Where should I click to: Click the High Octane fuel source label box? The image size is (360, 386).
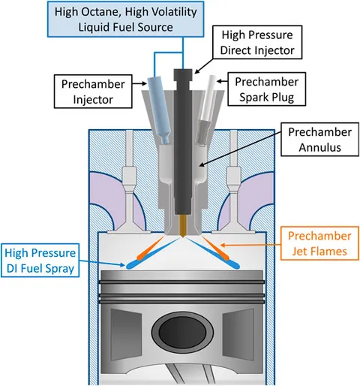[125, 20]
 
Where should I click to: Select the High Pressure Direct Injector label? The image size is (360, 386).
[257, 42]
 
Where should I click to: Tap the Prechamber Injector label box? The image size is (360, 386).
[93, 92]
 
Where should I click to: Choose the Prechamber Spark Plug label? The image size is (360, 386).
[266, 89]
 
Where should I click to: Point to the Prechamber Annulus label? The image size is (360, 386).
[319, 140]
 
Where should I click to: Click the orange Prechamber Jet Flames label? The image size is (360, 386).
[319, 243]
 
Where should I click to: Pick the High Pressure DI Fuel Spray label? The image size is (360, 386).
[40, 261]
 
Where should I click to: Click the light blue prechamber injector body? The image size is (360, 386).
[159, 110]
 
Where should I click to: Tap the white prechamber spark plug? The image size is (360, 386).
[207, 110]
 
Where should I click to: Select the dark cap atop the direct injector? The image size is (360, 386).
[183, 77]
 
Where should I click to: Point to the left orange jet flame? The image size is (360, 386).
[150, 249]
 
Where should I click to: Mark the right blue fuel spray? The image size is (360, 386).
[213, 253]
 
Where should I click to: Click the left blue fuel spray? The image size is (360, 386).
[153, 253]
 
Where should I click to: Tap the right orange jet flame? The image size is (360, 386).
[216, 249]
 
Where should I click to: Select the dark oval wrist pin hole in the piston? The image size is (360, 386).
[182, 333]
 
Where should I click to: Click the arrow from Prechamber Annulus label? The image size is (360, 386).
[240, 149]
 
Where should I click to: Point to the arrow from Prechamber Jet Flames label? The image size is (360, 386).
[250, 245]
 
